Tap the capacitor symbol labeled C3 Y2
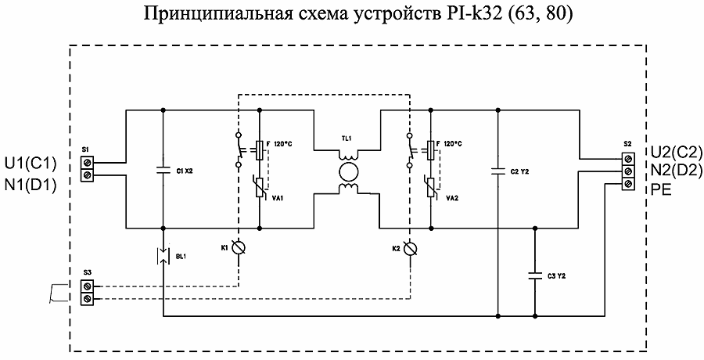coord(535,275)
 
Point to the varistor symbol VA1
coord(260,187)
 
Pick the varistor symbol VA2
coord(429,187)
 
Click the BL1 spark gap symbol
coord(162,256)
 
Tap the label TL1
coord(346,139)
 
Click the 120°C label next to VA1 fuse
coord(285,144)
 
